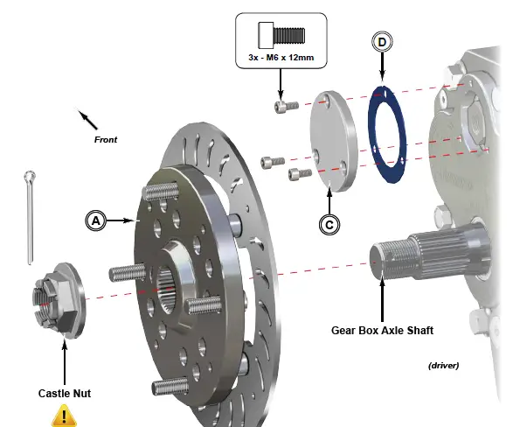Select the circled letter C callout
pos(329,224)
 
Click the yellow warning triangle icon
pos(64,413)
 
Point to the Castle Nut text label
pos(64,393)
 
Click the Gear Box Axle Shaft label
pos(382,331)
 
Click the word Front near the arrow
pos(105,139)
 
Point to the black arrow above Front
pos(87,118)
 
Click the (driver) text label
pos(443,364)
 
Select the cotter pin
pos(29,214)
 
